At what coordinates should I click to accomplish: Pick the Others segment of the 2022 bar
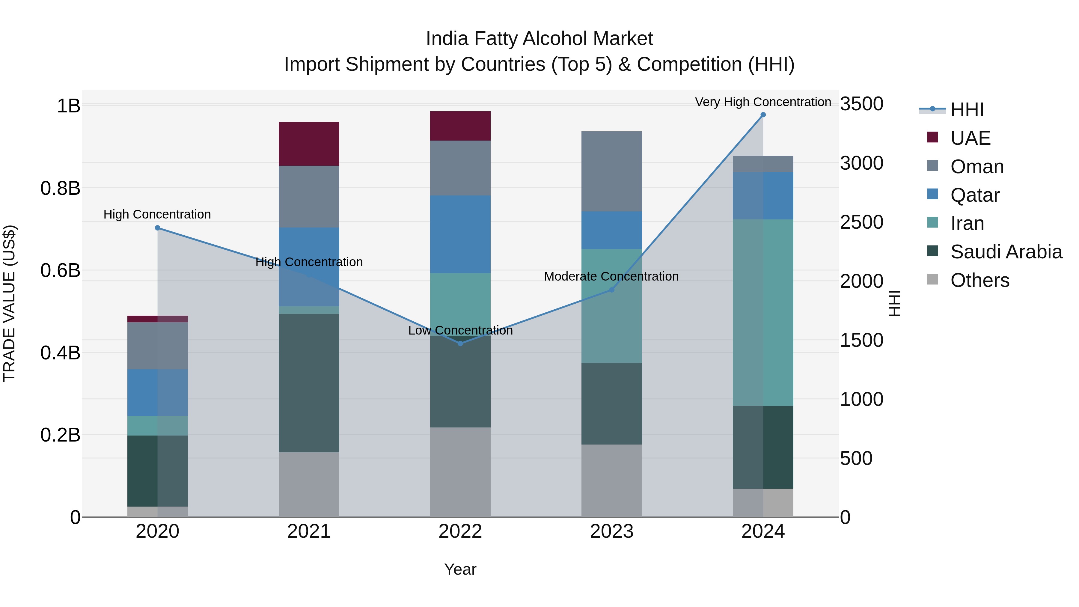[x=460, y=472]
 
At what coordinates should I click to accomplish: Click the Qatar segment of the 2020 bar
[x=157, y=392]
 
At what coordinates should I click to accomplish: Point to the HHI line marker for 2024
[x=763, y=115]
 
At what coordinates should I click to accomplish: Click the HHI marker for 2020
[x=157, y=228]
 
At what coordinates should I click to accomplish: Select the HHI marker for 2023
[x=611, y=290]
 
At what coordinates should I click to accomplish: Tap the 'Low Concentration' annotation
[x=460, y=331]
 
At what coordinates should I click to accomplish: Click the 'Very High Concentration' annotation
[x=763, y=102]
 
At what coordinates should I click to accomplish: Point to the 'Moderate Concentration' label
[x=611, y=276]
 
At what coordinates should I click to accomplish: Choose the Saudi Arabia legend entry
[x=1006, y=252]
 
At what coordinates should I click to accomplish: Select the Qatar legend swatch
[x=932, y=194]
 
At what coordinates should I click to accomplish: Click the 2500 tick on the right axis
[x=862, y=222]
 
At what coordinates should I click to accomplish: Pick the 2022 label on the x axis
[x=460, y=531]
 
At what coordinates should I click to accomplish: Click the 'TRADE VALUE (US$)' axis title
[x=9, y=303]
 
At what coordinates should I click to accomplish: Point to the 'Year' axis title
[x=460, y=569]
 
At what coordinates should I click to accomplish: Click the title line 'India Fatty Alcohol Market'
[x=539, y=39]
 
